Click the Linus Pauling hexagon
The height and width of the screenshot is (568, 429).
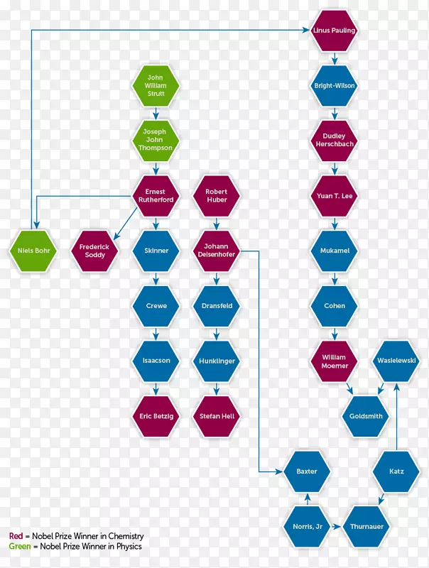334,31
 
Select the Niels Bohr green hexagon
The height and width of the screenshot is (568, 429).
33,251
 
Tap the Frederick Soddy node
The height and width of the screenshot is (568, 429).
94,251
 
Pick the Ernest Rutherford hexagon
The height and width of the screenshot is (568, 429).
156,196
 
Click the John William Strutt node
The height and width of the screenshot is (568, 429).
156,85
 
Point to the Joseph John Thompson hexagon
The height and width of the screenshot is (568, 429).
156,140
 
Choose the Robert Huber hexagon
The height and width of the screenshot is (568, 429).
217,196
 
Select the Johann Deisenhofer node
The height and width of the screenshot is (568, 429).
217,251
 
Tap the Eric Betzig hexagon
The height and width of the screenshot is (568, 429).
156,416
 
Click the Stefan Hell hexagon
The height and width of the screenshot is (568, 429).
217,416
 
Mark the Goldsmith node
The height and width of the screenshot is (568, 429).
366,416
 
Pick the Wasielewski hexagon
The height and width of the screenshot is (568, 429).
396,361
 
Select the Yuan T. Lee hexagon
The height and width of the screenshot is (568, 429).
334,196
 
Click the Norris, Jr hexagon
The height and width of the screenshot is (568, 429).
308,526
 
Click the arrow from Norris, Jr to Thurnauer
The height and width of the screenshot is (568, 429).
336,526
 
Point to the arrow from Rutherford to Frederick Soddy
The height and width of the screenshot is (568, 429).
126,224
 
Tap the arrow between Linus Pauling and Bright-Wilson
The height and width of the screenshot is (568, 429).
335,59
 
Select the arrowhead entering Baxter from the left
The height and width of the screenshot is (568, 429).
278,471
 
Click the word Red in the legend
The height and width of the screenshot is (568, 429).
16,536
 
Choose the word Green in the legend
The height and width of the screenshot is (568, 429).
20,546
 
